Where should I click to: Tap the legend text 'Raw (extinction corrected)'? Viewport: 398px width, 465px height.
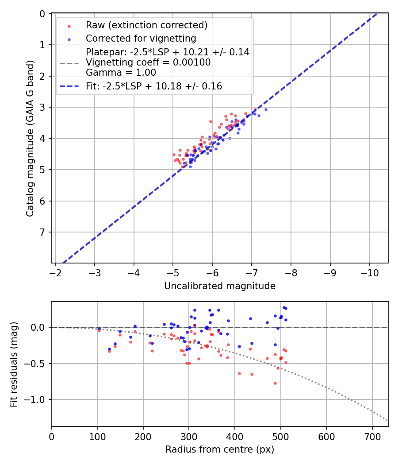click(x=146, y=25)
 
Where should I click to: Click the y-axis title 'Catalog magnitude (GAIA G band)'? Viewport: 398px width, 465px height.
click(x=30, y=139)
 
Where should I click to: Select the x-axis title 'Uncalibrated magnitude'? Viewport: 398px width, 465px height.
click(x=220, y=286)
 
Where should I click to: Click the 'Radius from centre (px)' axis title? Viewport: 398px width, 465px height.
click(x=220, y=449)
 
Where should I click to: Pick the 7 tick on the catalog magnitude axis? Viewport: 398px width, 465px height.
click(x=43, y=232)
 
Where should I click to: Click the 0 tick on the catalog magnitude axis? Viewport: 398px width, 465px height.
click(x=43, y=14)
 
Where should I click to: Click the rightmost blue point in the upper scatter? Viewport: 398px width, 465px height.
click(x=266, y=109)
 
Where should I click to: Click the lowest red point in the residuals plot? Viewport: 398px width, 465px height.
click(x=275, y=383)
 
